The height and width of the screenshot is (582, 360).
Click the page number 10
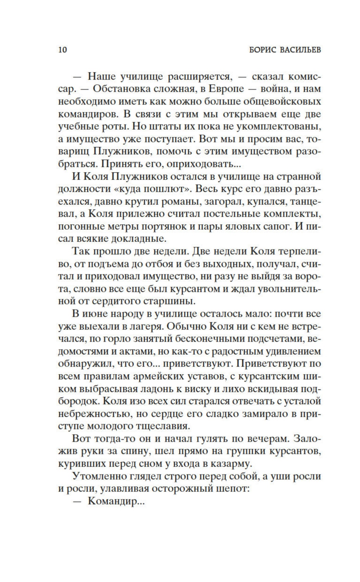(x=63, y=50)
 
